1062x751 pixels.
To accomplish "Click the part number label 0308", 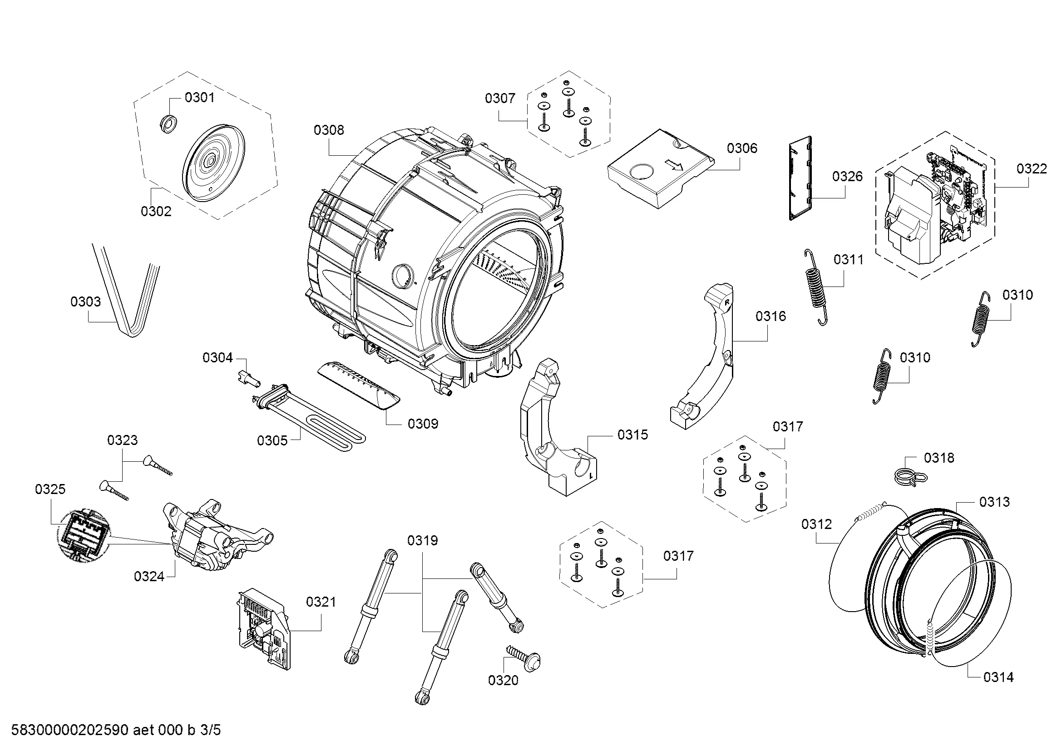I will click(x=328, y=130).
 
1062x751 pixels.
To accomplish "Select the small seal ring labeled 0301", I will click(x=168, y=124).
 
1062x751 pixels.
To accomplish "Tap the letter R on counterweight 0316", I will click(x=726, y=301).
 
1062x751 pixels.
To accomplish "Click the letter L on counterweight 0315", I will click(x=591, y=475).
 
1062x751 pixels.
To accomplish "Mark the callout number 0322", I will click(x=1032, y=169).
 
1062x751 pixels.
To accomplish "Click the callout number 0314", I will click(x=998, y=677).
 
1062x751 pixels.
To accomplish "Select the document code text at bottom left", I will click(x=116, y=730).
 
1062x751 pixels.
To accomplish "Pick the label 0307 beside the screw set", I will click(x=499, y=98).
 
